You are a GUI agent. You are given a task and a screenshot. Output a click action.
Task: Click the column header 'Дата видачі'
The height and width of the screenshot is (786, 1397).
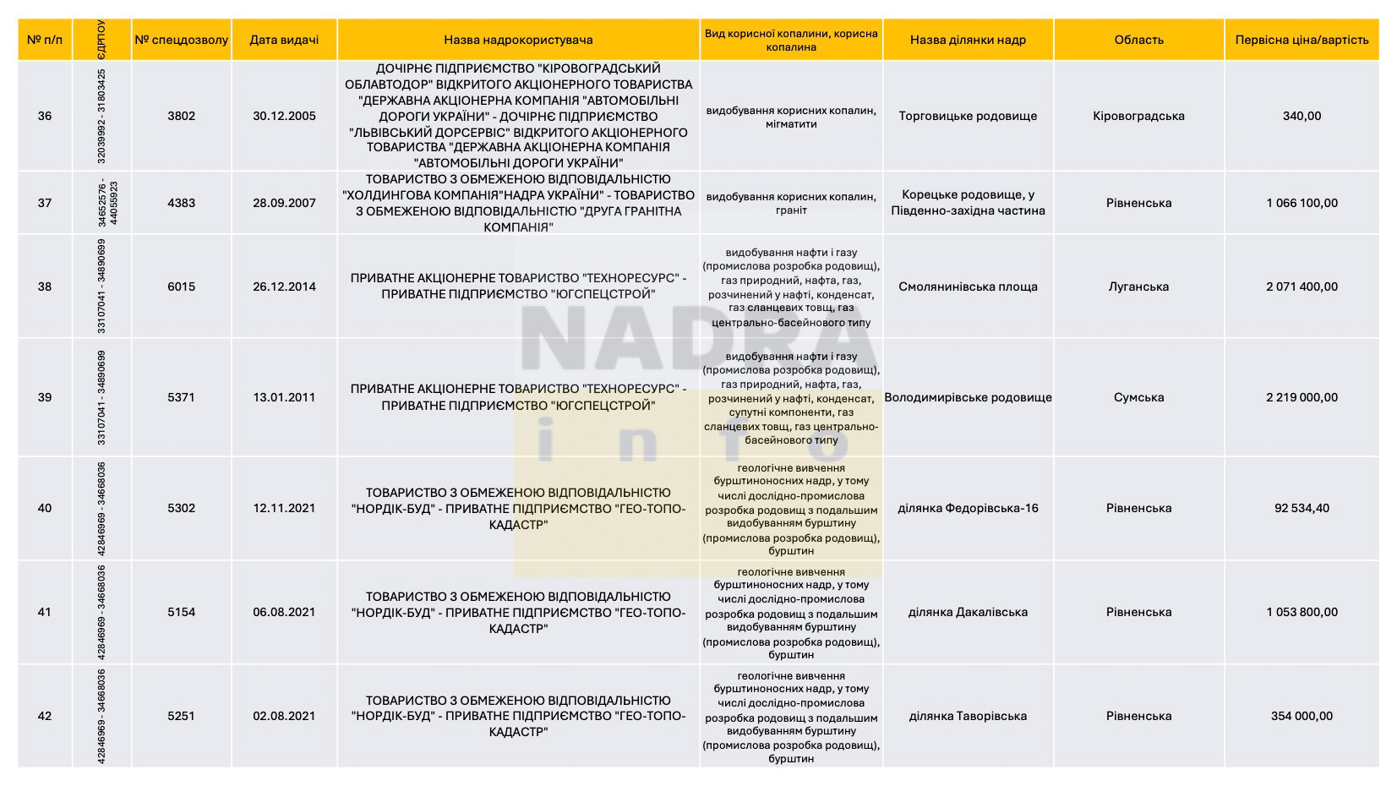point(284,40)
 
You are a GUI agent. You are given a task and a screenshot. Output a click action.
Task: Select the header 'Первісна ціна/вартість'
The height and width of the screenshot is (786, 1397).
point(1301,40)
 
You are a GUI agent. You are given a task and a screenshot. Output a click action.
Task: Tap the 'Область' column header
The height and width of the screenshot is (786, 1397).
point(1138,40)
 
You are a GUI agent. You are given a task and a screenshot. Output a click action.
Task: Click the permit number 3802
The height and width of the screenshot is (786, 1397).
point(181,116)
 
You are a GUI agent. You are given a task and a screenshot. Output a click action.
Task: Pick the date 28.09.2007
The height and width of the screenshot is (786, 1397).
point(284,203)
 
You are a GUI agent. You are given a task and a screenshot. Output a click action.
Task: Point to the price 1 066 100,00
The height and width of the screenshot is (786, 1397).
point(1302,203)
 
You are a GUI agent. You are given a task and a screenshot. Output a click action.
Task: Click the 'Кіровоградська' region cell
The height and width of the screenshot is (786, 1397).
point(1138,116)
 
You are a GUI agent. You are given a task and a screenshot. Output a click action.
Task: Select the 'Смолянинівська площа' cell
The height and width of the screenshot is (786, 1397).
point(968,287)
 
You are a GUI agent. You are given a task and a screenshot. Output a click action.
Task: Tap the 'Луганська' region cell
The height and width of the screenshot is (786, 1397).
point(1138,287)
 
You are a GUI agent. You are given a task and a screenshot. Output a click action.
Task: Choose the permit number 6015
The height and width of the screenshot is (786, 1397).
point(181,287)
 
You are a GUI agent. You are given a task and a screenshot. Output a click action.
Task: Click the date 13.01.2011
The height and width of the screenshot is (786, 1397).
point(284,397)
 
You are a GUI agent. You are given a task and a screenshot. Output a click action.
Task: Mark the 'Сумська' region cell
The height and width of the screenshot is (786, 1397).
point(1138,397)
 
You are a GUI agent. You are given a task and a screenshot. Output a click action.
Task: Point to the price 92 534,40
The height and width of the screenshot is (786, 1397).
point(1302,508)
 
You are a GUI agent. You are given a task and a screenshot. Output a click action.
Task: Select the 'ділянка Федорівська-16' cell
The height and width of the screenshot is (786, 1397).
point(968,508)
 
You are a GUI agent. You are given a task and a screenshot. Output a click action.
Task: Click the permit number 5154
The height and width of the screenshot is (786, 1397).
point(181,612)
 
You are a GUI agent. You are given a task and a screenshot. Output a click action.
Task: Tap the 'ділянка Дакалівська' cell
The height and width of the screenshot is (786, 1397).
point(968,612)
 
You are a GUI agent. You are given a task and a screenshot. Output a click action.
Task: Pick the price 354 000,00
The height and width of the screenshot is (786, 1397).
point(1302,716)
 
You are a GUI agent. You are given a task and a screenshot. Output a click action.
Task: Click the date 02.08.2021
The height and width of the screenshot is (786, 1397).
point(284,716)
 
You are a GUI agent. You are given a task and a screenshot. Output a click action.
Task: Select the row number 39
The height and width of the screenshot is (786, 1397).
point(45,397)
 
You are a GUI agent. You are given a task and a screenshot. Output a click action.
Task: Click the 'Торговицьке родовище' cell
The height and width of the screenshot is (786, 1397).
point(968,116)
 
